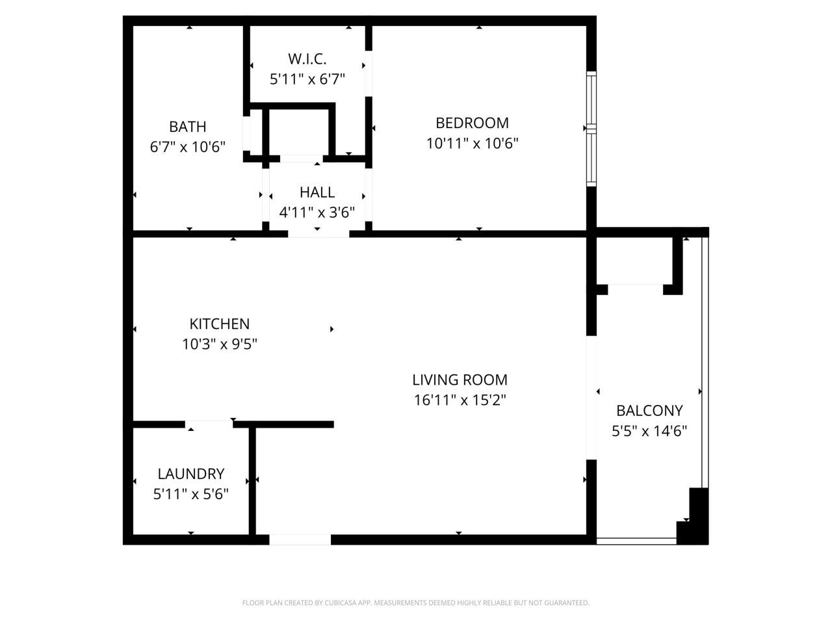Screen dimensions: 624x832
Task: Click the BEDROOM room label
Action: (472, 123)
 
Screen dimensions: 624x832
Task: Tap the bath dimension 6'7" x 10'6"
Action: (188, 147)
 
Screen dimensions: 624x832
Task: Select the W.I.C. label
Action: (307, 59)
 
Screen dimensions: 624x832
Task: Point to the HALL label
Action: (317, 192)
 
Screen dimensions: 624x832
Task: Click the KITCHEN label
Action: (219, 324)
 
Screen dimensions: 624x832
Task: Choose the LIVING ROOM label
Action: (460, 380)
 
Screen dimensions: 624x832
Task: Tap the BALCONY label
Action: (649, 411)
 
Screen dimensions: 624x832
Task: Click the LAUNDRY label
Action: (190, 474)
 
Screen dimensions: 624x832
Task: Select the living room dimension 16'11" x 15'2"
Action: (460, 400)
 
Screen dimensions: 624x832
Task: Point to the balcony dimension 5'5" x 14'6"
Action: (649, 431)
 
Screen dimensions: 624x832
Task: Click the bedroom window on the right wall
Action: (591, 128)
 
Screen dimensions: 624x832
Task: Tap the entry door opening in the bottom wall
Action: (300, 539)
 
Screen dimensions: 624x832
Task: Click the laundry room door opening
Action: (209, 424)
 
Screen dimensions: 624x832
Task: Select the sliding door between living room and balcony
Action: (591, 398)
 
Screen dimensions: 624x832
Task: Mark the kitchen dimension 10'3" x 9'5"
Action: (219, 344)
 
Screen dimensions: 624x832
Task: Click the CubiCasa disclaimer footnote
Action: (415, 603)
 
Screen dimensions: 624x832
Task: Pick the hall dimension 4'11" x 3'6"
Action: (317, 213)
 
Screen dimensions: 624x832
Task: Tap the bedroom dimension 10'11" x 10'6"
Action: (472, 143)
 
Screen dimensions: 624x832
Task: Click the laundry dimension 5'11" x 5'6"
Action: (190, 494)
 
